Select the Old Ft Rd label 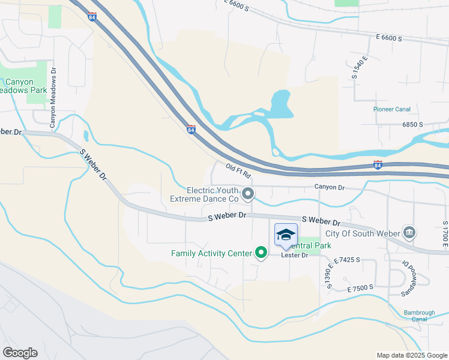(238, 172)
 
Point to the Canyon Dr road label (330, 188)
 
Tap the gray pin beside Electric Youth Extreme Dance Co (248, 194)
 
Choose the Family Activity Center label (211, 253)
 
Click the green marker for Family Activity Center (261, 253)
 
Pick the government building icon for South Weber (409, 232)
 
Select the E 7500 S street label (360, 287)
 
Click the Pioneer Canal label (390, 109)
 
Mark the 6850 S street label (413, 124)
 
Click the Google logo (20, 353)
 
